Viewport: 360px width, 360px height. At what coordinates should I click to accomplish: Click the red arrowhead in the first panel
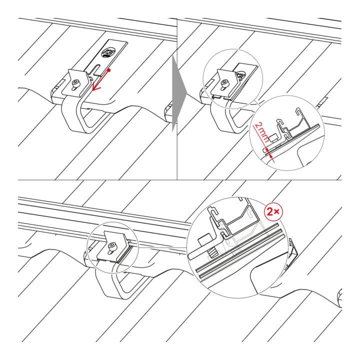[x=95, y=87]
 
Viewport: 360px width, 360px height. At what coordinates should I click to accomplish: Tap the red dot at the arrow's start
[x=109, y=70]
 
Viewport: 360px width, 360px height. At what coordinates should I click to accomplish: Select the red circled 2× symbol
[x=273, y=211]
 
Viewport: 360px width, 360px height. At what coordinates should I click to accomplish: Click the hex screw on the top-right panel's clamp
[x=223, y=83]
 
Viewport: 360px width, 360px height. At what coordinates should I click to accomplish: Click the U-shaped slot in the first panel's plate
[x=95, y=69]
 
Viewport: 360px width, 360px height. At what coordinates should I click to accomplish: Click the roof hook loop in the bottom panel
[x=119, y=280]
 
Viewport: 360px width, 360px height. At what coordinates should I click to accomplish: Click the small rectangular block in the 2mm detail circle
[x=273, y=138]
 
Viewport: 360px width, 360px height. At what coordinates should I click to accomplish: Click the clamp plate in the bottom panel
[x=113, y=247]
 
